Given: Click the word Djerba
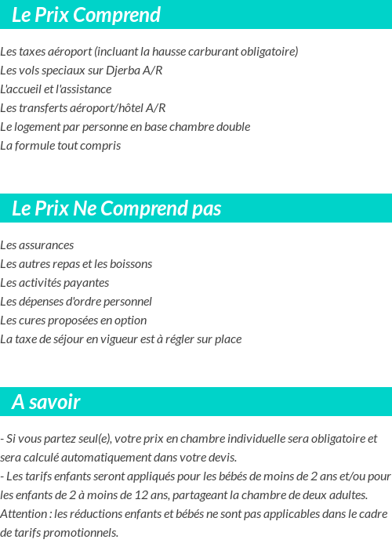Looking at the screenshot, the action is (x=122, y=71).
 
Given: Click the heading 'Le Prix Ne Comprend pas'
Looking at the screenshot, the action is (x=116, y=208).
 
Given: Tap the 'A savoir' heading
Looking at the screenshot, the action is (x=46, y=402).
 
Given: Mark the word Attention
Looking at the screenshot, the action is (x=24, y=514).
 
